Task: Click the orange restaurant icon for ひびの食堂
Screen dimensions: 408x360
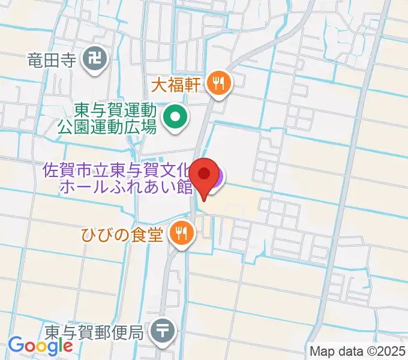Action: pos(181,232)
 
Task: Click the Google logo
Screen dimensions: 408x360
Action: pos(40,345)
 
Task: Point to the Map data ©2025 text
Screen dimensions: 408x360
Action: pos(358,351)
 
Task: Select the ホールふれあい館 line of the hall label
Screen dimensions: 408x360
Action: pos(126,187)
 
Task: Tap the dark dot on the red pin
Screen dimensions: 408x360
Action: pos(205,174)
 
